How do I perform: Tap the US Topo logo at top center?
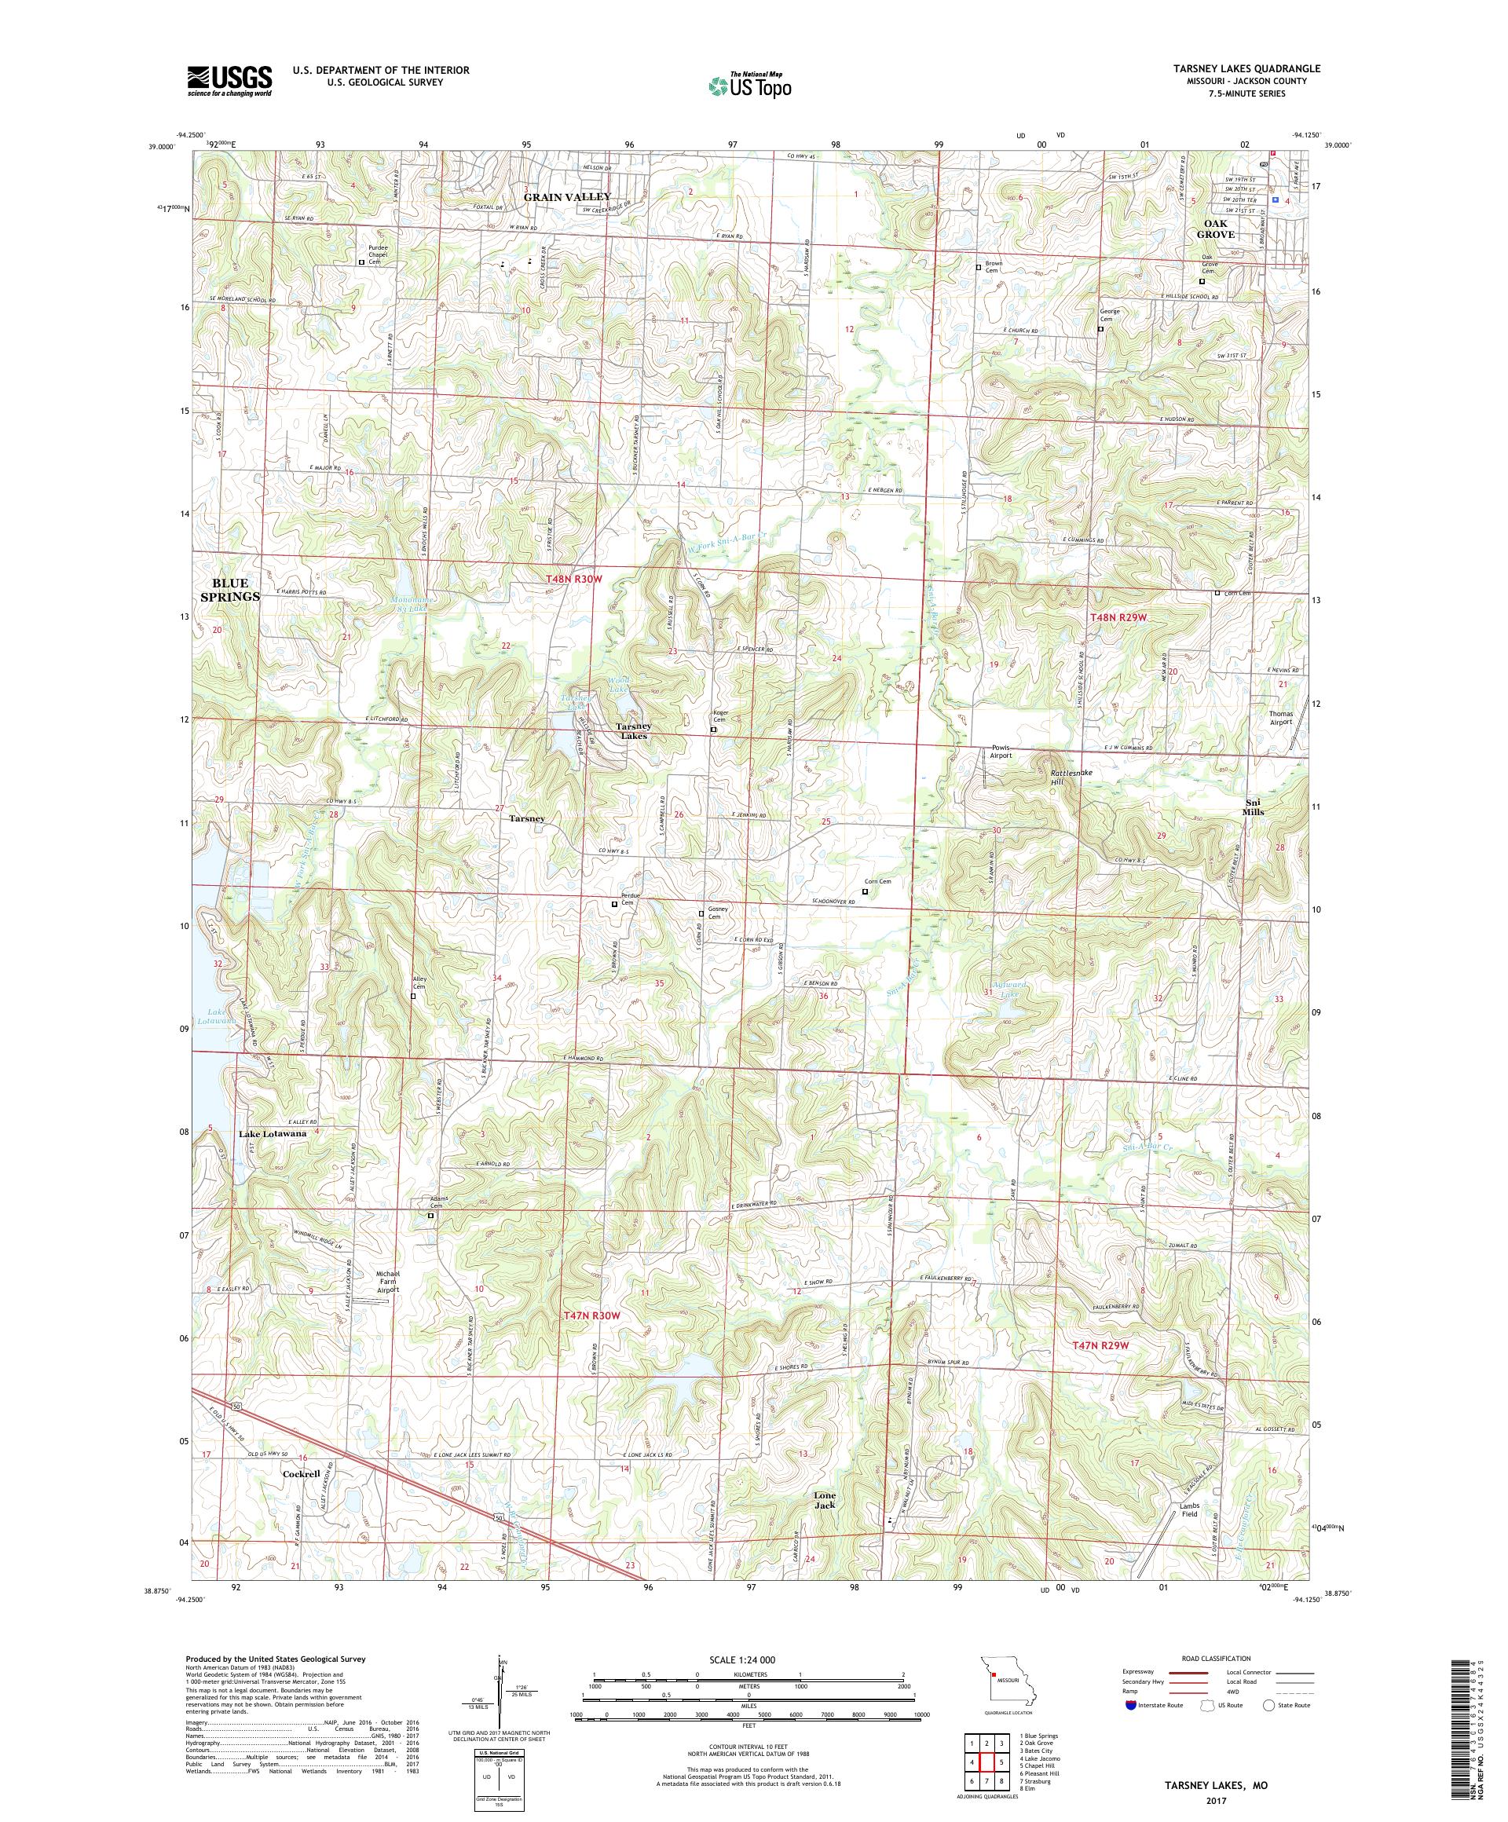pyautogui.click(x=751, y=85)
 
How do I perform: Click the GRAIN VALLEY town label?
pyautogui.click(x=566, y=197)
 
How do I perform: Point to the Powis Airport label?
pyautogui.click(x=1001, y=751)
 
